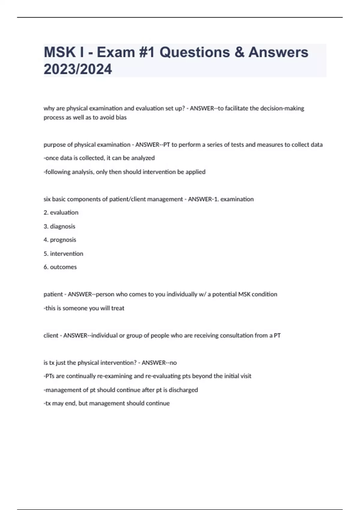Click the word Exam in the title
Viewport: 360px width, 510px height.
(116, 52)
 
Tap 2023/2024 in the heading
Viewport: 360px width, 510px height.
(78, 69)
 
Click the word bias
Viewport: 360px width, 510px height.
(121, 117)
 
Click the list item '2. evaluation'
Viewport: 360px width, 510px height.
(61, 212)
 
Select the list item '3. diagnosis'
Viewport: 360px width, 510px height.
(59, 226)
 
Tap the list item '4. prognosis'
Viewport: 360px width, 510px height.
(60, 240)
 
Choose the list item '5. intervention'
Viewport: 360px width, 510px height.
(63, 253)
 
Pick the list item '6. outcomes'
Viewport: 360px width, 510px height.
(60, 267)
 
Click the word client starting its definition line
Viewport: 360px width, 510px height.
(51, 335)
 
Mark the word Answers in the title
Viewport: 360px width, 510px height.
(278, 52)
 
